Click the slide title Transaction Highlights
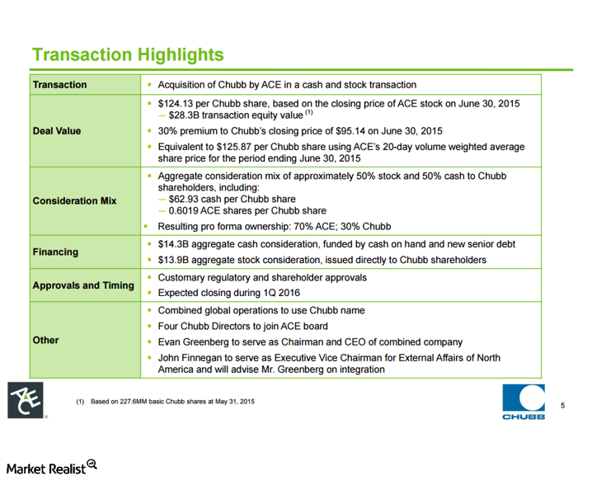coord(127,55)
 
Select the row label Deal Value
coord(57,131)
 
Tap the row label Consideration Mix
coord(74,200)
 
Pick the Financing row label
coord(55,252)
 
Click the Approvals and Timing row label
coord(82,285)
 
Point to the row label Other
coord(45,340)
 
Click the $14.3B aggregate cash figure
coord(174,244)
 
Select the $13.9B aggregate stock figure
coord(174,260)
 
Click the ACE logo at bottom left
coord(25,401)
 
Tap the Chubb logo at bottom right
coord(523,403)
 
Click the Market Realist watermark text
coord(48,468)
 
